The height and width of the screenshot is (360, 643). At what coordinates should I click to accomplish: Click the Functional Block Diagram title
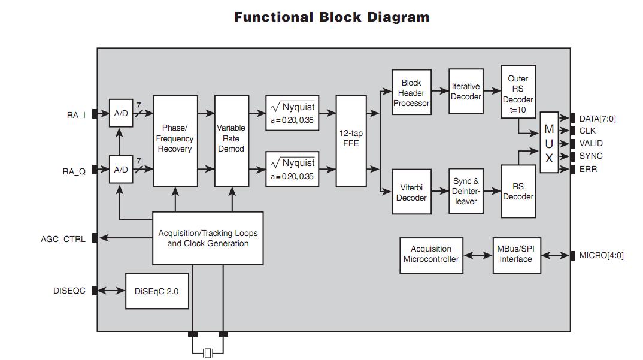tap(331, 17)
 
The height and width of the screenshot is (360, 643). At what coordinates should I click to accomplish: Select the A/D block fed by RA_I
tap(121, 113)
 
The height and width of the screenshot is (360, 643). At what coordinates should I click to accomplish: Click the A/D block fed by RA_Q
tap(121, 170)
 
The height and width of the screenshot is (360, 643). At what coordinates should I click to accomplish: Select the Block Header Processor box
tap(411, 93)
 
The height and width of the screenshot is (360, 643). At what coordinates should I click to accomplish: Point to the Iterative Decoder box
tap(466, 91)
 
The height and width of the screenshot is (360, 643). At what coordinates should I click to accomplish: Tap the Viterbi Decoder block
tap(411, 192)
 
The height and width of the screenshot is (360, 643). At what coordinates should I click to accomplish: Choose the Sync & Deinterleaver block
tap(466, 192)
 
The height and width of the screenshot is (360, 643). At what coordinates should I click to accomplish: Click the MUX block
tap(549, 143)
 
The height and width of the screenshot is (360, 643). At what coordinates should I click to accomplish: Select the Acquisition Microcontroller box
tap(431, 254)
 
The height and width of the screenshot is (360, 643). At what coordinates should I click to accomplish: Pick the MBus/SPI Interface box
tap(515, 254)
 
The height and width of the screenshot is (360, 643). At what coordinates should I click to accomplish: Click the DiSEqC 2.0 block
tap(157, 291)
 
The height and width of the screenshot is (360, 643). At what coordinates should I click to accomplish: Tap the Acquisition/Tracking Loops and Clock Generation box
tap(208, 238)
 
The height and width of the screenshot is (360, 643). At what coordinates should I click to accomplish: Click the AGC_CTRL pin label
tap(63, 239)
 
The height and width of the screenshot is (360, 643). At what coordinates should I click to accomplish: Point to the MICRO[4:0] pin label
tap(601, 256)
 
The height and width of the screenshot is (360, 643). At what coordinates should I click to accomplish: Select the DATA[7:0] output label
tap(597, 119)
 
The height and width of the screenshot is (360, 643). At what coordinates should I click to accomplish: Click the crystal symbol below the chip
tap(208, 353)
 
